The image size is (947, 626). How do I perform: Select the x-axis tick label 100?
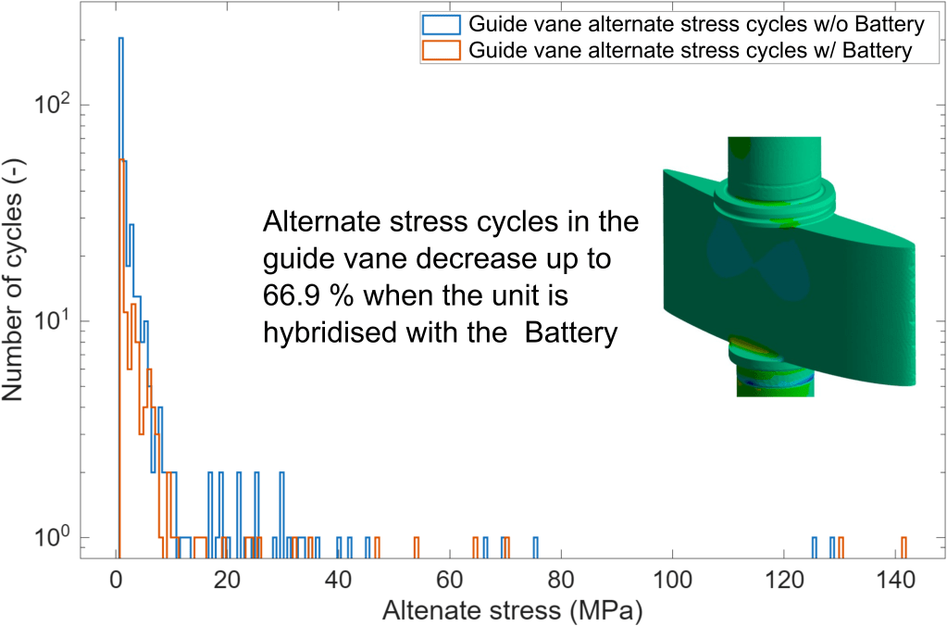click(x=671, y=582)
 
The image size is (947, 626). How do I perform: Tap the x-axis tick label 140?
click(x=893, y=582)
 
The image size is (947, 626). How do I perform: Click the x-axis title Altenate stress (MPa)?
click(x=512, y=610)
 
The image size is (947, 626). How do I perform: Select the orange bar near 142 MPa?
click(x=903, y=546)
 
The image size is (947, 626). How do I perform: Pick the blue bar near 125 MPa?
click(x=815, y=546)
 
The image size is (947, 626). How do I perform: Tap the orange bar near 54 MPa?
click(x=417, y=546)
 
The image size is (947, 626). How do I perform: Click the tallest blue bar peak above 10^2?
click(x=120, y=40)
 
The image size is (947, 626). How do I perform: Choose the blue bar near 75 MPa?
click(x=535, y=546)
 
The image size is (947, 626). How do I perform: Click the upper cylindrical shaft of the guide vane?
click(x=774, y=162)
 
